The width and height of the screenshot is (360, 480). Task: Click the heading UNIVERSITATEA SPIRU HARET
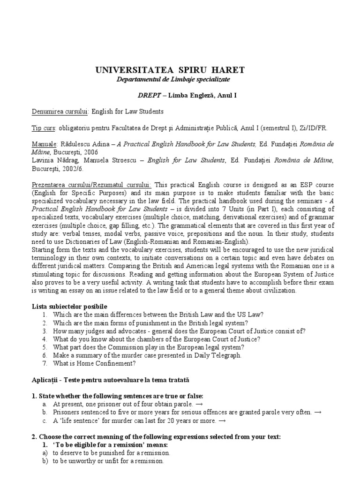(x=170, y=70)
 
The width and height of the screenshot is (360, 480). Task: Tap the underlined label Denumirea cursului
(x=60, y=111)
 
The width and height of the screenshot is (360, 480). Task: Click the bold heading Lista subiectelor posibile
(x=63, y=306)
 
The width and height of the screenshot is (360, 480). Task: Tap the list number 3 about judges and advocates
(x=44, y=330)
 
